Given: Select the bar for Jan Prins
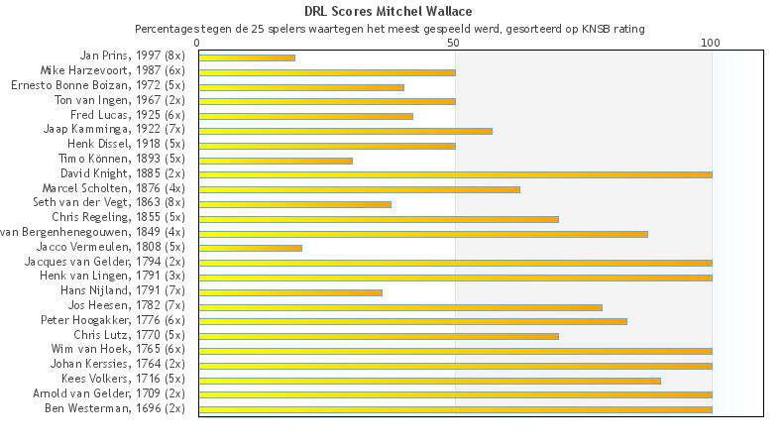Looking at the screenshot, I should pos(247,57).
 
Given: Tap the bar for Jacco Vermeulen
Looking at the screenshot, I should pos(250,248).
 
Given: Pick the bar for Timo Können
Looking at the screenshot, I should pos(276,160).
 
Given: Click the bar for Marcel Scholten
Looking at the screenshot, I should pos(359,189).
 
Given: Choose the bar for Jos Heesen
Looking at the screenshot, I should pos(400,306).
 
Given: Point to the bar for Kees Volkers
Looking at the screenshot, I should pos(429,380).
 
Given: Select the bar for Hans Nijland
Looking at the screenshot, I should pos(290,291).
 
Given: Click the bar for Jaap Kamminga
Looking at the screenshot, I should pos(345,131).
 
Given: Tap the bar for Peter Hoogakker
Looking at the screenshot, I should pos(412,321).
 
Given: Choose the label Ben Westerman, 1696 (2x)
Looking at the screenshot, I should pos(114,408).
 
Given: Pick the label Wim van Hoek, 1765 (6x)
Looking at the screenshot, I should pos(118,349).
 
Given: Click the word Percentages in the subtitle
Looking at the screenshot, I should pos(168,29).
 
